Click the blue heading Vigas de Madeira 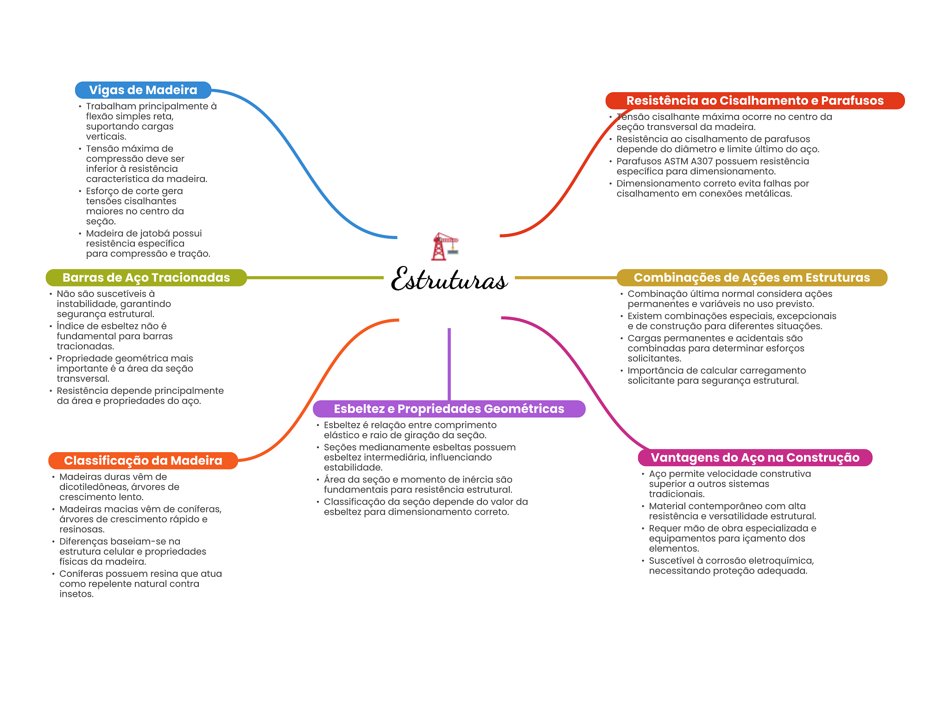point(143,90)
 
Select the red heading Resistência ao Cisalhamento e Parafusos point(755,101)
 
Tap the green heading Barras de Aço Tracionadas point(146,278)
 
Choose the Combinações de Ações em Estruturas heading point(752,278)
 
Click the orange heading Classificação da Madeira point(143,461)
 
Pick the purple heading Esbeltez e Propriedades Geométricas point(449,409)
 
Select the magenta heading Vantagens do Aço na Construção point(755,457)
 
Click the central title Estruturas point(449,279)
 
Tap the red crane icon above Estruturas point(445,247)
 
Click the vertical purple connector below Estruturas point(449,364)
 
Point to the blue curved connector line point(304,164)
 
